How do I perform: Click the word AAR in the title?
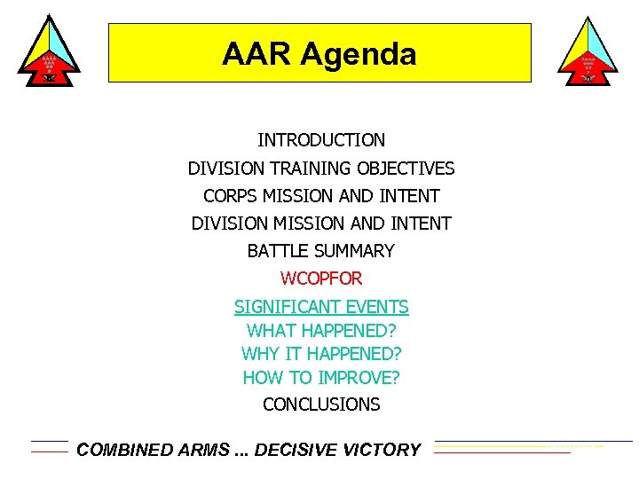(256, 55)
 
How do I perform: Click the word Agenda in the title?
(358, 55)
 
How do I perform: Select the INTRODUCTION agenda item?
(321, 140)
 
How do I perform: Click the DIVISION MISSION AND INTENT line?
(321, 224)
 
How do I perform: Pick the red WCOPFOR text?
(321, 279)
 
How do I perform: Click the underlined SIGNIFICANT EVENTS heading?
(321, 307)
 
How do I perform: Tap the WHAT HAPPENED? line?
(321, 330)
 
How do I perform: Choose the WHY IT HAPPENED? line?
(321, 354)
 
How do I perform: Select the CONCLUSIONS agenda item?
(321, 404)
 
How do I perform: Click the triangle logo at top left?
(49, 51)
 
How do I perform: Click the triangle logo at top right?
(588, 51)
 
